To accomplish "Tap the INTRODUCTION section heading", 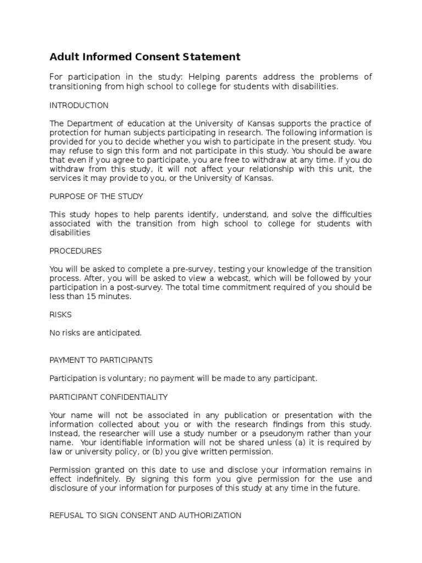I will [79, 105].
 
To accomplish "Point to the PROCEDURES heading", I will [75, 251].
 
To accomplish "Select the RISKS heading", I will [60, 315].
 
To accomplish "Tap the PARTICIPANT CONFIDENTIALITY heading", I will [109, 396].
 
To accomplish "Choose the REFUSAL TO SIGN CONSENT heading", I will [146, 515].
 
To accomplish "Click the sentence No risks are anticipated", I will [96, 332].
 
